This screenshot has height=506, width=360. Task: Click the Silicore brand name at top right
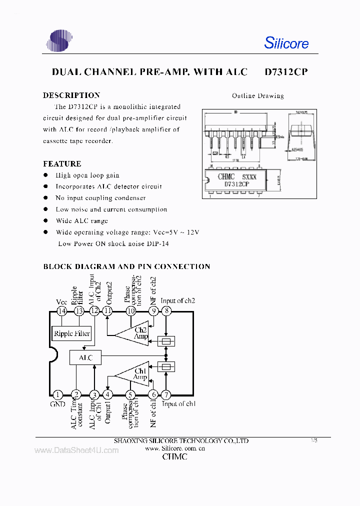tap(286, 43)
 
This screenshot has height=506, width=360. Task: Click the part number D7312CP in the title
tap(286, 72)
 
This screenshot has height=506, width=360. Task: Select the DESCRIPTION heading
tap(71, 95)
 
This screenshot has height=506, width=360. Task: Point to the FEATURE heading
tap(62, 163)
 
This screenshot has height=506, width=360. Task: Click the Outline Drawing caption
tap(257, 95)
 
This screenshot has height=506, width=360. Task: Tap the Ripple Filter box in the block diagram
tap(72, 333)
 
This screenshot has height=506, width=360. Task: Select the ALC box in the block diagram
tap(85, 357)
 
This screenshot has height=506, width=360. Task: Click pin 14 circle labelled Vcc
tap(61, 311)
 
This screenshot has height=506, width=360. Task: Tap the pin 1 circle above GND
tap(58, 394)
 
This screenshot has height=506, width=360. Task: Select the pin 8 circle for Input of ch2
tap(166, 311)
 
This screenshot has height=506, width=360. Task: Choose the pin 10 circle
tap(131, 311)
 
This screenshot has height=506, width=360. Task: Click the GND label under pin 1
tap(57, 404)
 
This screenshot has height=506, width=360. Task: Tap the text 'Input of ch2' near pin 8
tap(178, 300)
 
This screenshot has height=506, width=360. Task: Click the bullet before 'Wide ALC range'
tap(45, 220)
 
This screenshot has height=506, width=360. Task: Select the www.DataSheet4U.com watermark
tap(76, 450)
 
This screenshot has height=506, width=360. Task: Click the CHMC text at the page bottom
tap(175, 457)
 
